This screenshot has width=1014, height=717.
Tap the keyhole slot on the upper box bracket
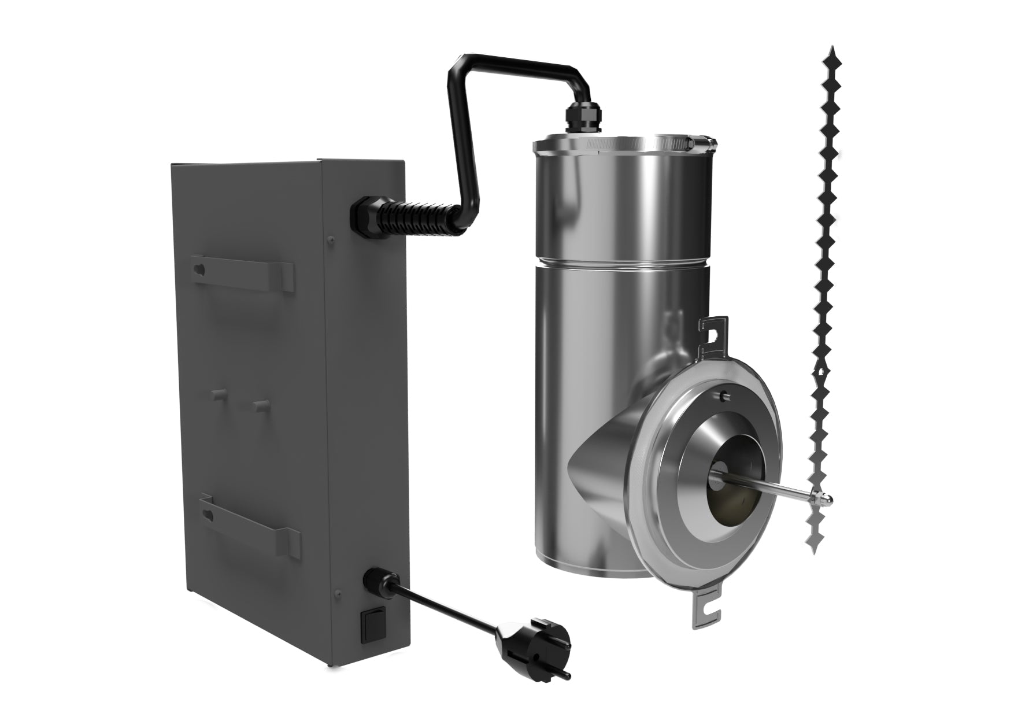pyautogui.click(x=200, y=269)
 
